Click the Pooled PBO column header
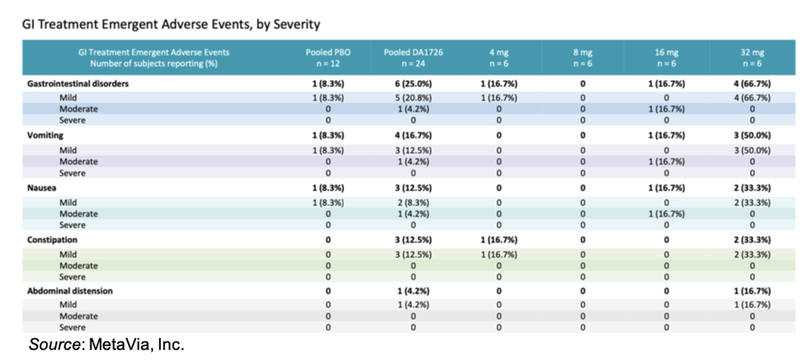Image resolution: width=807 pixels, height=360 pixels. click(328, 58)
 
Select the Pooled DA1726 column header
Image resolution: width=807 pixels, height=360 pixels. click(413, 58)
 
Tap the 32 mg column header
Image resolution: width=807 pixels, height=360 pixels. click(752, 58)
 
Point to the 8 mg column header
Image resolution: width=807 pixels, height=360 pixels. click(583, 58)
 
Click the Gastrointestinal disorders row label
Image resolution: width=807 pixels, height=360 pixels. click(78, 84)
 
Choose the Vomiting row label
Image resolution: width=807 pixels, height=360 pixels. click(45, 136)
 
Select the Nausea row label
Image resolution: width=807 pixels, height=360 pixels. click(41, 188)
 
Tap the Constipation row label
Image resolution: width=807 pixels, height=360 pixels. click(52, 239)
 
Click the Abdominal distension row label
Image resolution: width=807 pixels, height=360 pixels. click(70, 291)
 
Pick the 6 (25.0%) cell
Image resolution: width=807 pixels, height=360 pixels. click(413, 84)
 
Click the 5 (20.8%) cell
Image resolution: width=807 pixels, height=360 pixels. click(413, 98)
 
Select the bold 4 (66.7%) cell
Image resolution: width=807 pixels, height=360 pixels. click(752, 84)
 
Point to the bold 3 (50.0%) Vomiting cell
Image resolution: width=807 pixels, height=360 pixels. click(752, 136)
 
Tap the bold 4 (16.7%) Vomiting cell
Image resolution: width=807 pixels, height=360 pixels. click(413, 136)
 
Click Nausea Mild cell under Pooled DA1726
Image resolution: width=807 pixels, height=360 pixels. click(413, 202)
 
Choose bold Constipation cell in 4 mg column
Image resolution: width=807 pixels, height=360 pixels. click(499, 239)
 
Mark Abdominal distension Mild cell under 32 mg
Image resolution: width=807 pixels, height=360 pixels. click(752, 304)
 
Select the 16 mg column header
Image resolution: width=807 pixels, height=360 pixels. click(666, 58)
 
